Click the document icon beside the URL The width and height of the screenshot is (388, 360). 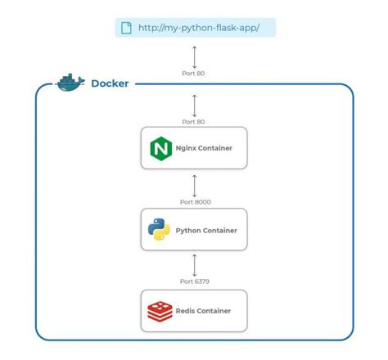tap(126, 28)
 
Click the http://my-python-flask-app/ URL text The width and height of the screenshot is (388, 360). tap(199, 28)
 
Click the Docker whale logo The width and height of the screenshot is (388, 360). tap(70, 83)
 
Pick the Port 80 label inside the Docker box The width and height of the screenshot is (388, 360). tap(194, 121)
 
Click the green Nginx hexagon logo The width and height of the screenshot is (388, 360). tap(159, 149)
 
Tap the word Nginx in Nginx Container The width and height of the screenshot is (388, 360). tap(184, 149)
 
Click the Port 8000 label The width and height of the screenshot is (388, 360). tap(194, 200)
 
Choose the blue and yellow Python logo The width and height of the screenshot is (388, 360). tap(159, 231)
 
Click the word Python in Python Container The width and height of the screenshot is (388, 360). tap(187, 231)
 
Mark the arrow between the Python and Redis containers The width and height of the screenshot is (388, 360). tap(194, 263)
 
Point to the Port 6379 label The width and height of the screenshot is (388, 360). tap(194, 281)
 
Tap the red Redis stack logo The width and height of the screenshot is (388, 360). tap(159, 311)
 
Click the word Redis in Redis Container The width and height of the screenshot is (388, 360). tap(184, 311)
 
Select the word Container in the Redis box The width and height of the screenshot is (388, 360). tap(214, 311)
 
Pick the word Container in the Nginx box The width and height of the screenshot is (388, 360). tap(216, 149)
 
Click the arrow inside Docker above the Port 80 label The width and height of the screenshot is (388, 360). tap(194, 104)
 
